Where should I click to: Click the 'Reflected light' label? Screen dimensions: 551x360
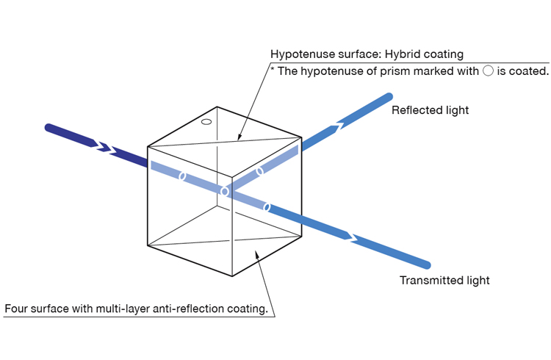point(430,110)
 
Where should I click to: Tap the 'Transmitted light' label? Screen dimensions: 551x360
point(444,280)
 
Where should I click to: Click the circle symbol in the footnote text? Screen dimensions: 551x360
point(488,71)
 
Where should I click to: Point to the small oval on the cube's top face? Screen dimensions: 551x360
point(206,122)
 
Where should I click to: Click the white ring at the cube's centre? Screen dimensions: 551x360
point(225,192)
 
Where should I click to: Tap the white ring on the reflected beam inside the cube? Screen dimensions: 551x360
point(259,171)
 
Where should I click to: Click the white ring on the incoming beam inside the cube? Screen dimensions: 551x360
point(182,176)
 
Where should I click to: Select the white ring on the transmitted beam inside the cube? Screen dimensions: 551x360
point(267,207)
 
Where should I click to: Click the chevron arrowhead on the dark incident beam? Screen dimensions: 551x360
point(104,147)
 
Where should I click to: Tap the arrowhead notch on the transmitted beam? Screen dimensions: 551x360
point(351,237)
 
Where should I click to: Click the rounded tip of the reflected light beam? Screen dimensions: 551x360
point(389,96)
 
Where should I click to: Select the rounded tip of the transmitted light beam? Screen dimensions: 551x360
point(427,264)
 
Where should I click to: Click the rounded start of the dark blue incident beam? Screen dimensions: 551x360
point(48,128)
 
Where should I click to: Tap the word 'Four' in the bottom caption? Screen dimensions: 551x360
point(16,309)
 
